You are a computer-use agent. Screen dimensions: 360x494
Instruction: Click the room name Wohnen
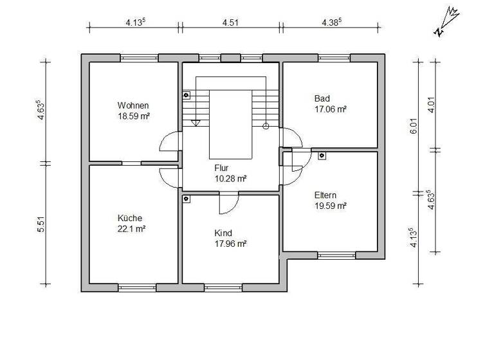133,105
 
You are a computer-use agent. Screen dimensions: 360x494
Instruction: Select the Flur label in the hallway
222,168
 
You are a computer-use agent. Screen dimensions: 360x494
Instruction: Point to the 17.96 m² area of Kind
230,244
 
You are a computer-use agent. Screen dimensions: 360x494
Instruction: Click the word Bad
322,99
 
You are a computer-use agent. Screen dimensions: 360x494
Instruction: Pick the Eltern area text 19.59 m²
331,206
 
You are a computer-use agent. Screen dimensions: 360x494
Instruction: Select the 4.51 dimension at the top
230,22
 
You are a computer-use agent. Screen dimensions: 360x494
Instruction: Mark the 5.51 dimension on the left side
42,224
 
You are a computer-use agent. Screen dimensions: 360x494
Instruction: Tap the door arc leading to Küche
169,175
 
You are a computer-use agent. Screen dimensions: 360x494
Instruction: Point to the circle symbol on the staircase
266,126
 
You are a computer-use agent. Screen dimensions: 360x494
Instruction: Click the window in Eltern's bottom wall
336,255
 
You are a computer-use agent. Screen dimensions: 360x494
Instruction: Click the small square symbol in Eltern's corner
321,155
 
